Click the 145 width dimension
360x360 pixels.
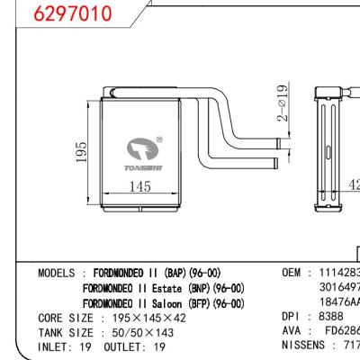coord(138,187)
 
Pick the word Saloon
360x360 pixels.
coord(161,303)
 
